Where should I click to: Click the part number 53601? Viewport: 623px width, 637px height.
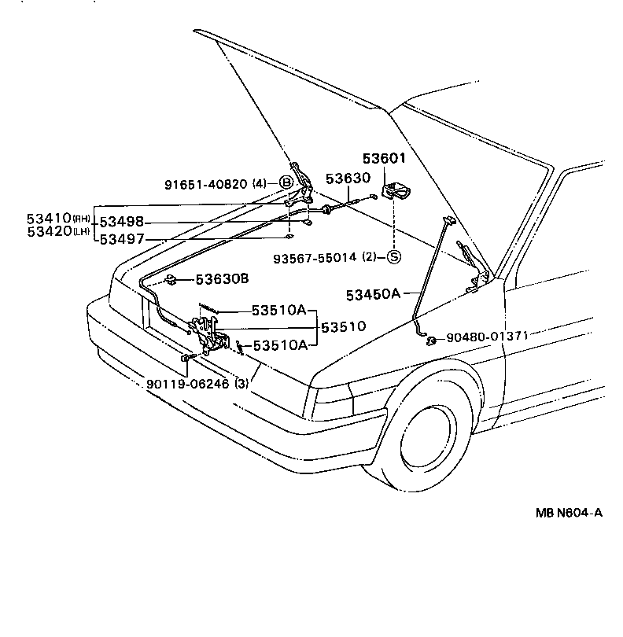pos(384,158)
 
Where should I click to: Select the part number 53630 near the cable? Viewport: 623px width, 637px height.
pos(348,179)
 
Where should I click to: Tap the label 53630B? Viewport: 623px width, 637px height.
pos(222,279)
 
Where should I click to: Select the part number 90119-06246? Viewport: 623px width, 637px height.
pos(187,384)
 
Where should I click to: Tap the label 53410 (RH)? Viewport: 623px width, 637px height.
pos(49,218)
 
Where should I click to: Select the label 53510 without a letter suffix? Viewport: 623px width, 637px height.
pos(344,326)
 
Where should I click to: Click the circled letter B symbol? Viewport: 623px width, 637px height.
pos(286,183)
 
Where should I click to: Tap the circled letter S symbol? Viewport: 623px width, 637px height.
pos(393,257)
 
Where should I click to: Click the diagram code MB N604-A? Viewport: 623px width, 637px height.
pos(569,513)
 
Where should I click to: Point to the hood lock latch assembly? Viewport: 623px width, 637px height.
pos(208,334)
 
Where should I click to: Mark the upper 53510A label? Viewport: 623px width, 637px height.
pos(278,310)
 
